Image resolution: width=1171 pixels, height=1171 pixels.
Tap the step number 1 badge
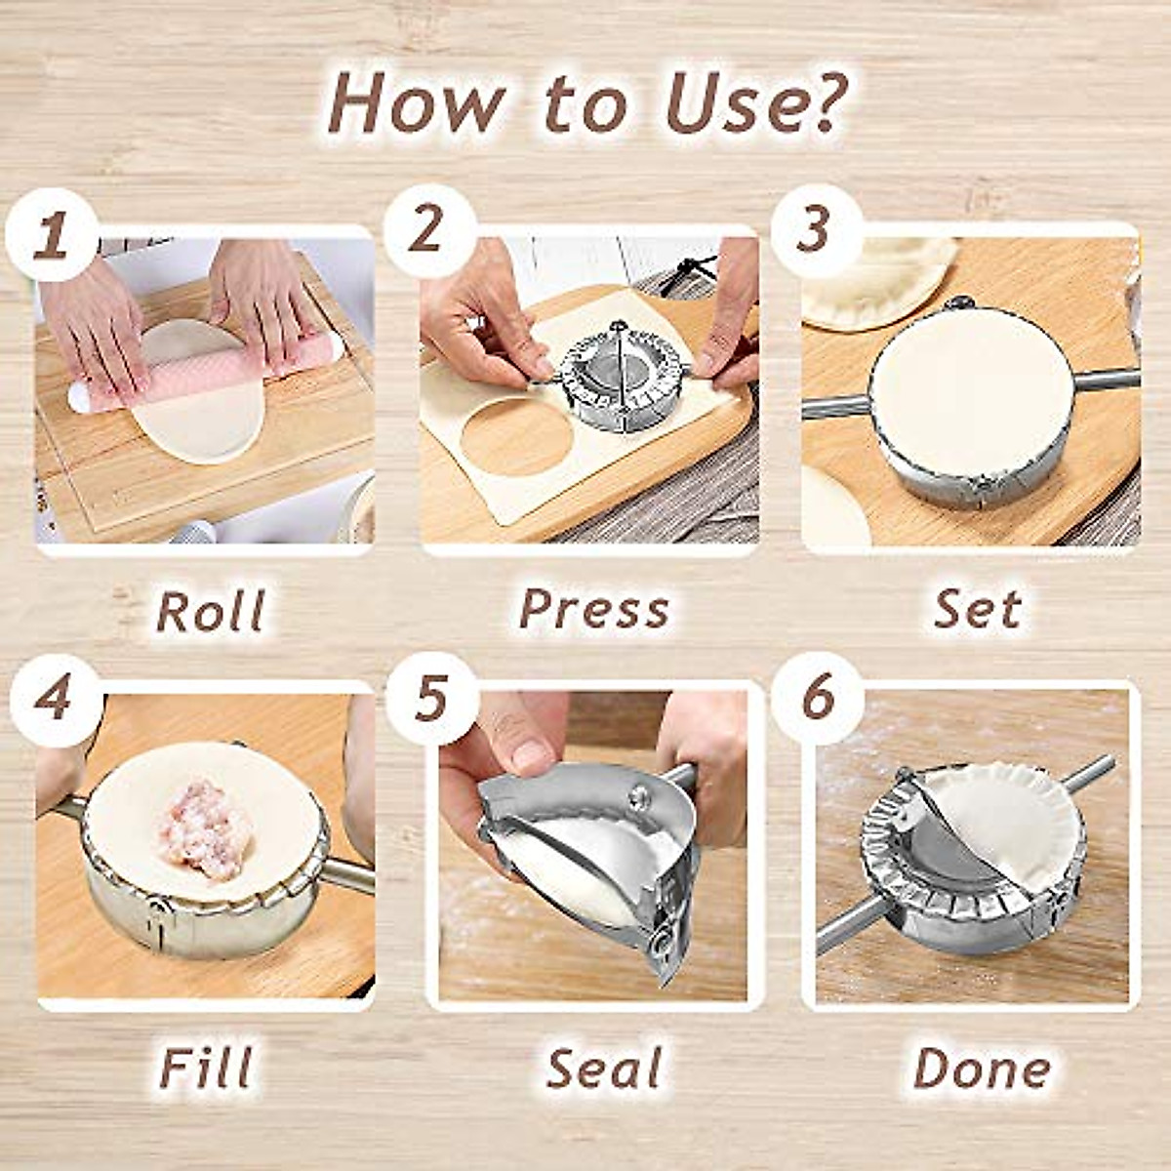click(x=52, y=235)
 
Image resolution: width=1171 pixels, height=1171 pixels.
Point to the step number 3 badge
click(x=816, y=230)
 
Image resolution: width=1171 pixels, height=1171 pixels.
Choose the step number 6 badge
click(x=817, y=698)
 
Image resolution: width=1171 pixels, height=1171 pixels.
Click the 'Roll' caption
click(x=211, y=612)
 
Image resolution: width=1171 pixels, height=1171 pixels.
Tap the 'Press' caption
click(x=594, y=610)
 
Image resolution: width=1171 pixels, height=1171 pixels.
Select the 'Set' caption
click(x=977, y=610)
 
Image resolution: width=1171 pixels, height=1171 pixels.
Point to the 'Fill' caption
click(x=207, y=1068)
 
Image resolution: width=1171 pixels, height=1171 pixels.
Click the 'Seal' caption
click(x=605, y=1068)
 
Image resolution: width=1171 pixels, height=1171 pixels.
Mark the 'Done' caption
click(x=982, y=1068)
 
